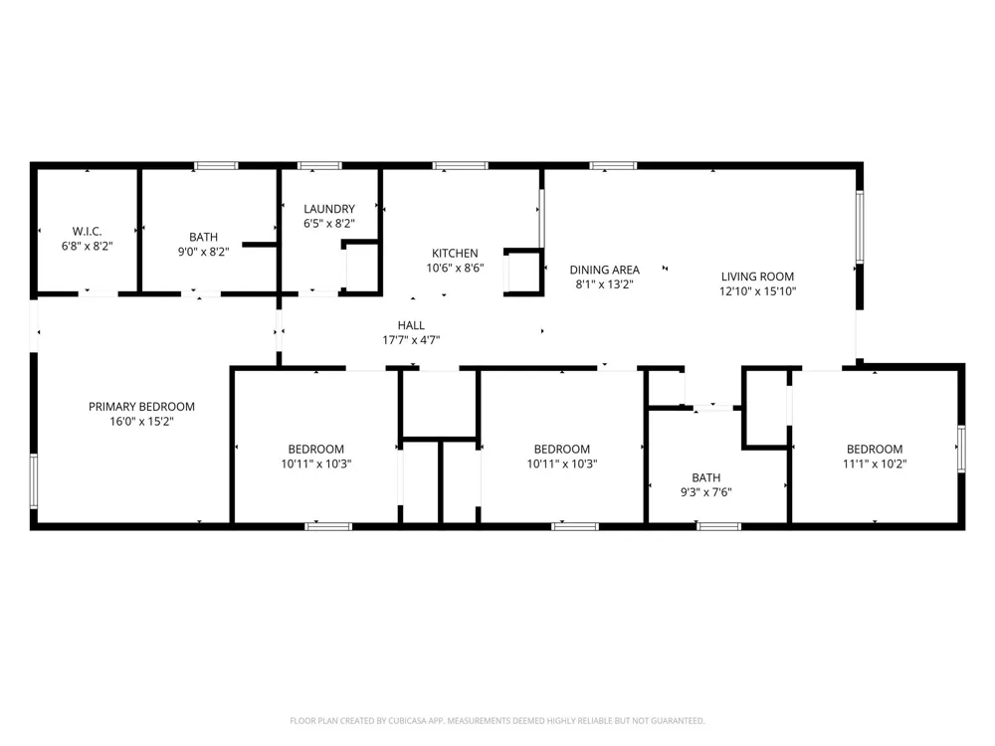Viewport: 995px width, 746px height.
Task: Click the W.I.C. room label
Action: click(87, 232)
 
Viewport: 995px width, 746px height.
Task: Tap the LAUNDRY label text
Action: click(328, 209)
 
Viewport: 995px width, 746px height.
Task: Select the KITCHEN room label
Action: click(455, 253)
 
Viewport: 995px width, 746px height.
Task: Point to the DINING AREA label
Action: click(604, 270)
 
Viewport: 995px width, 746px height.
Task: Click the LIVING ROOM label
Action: click(757, 277)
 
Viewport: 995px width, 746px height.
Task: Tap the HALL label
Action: click(411, 325)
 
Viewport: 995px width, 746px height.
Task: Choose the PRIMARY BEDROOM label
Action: click(141, 407)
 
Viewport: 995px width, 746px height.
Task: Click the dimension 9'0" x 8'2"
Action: click(203, 252)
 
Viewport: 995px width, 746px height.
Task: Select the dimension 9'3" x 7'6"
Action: click(705, 492)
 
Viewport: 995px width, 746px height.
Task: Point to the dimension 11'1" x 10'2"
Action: click(875, 464)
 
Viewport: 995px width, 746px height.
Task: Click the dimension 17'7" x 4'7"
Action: click(411, 340)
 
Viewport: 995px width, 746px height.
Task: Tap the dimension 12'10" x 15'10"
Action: click(757, 291)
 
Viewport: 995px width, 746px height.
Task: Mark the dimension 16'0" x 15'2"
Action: click(141, 421)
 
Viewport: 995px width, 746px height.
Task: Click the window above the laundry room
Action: click(319, 166)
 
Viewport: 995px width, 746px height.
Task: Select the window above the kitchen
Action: click(460, 166)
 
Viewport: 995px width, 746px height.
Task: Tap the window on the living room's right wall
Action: click(860, 227)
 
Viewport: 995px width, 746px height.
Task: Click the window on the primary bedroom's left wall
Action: click(34, 480)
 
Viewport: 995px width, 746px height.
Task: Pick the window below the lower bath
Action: click(718, 526)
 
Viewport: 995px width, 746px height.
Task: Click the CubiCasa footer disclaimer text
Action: click(497, 720)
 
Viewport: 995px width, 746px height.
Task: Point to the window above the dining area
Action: click(613, 166)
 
